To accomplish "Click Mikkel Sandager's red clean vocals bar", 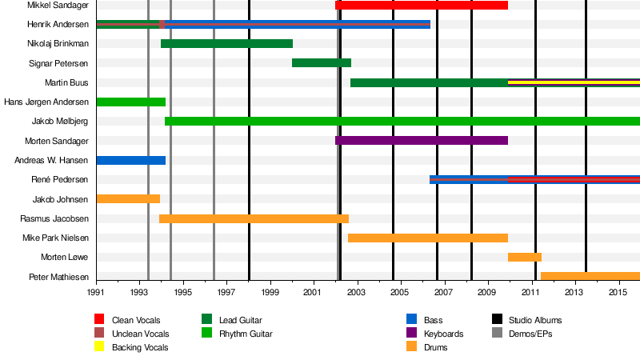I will pos(422,6).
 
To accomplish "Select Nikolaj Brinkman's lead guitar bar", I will pos(226,43).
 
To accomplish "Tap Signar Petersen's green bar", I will pos(322,62).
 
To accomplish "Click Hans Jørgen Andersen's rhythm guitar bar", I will pos(130,102).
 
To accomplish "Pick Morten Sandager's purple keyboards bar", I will pos(422,140).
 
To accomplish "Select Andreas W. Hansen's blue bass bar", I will pos(130,160).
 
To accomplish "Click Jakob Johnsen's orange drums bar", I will pos(128,198).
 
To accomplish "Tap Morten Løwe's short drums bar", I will pos(525,257).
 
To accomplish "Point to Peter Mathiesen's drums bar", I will pos(590,276).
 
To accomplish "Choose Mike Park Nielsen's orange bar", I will pos(428,238).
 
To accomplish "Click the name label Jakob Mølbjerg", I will pos(60,122).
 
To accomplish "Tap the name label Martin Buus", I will pos(67,82).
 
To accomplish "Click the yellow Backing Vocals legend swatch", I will pos(100,346).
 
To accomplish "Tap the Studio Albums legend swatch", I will pos(497,320).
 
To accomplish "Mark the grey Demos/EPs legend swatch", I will pos(497,334).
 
